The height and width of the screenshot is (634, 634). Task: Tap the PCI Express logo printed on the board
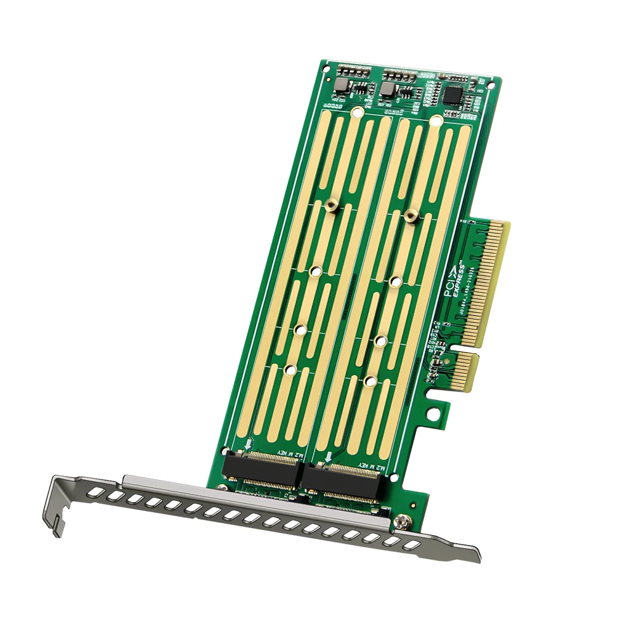(454, 280)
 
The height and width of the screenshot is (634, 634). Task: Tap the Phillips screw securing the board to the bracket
(401, 523)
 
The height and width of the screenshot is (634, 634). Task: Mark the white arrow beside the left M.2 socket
(247, 446)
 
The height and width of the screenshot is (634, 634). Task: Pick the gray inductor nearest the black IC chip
(387, 89)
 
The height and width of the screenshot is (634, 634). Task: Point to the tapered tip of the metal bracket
(472, 554)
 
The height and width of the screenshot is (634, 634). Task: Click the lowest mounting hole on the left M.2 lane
(290, 370)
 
